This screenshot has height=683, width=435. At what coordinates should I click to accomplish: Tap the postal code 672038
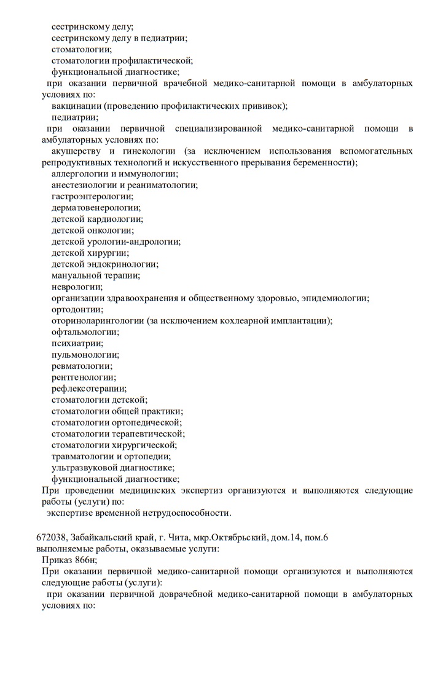51,538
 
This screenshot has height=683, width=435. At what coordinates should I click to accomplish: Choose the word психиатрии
77,343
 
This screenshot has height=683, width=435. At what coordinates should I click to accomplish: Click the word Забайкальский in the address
100,538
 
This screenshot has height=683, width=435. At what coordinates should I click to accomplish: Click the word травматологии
86,456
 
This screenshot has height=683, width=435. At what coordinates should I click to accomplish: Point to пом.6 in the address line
315,538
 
